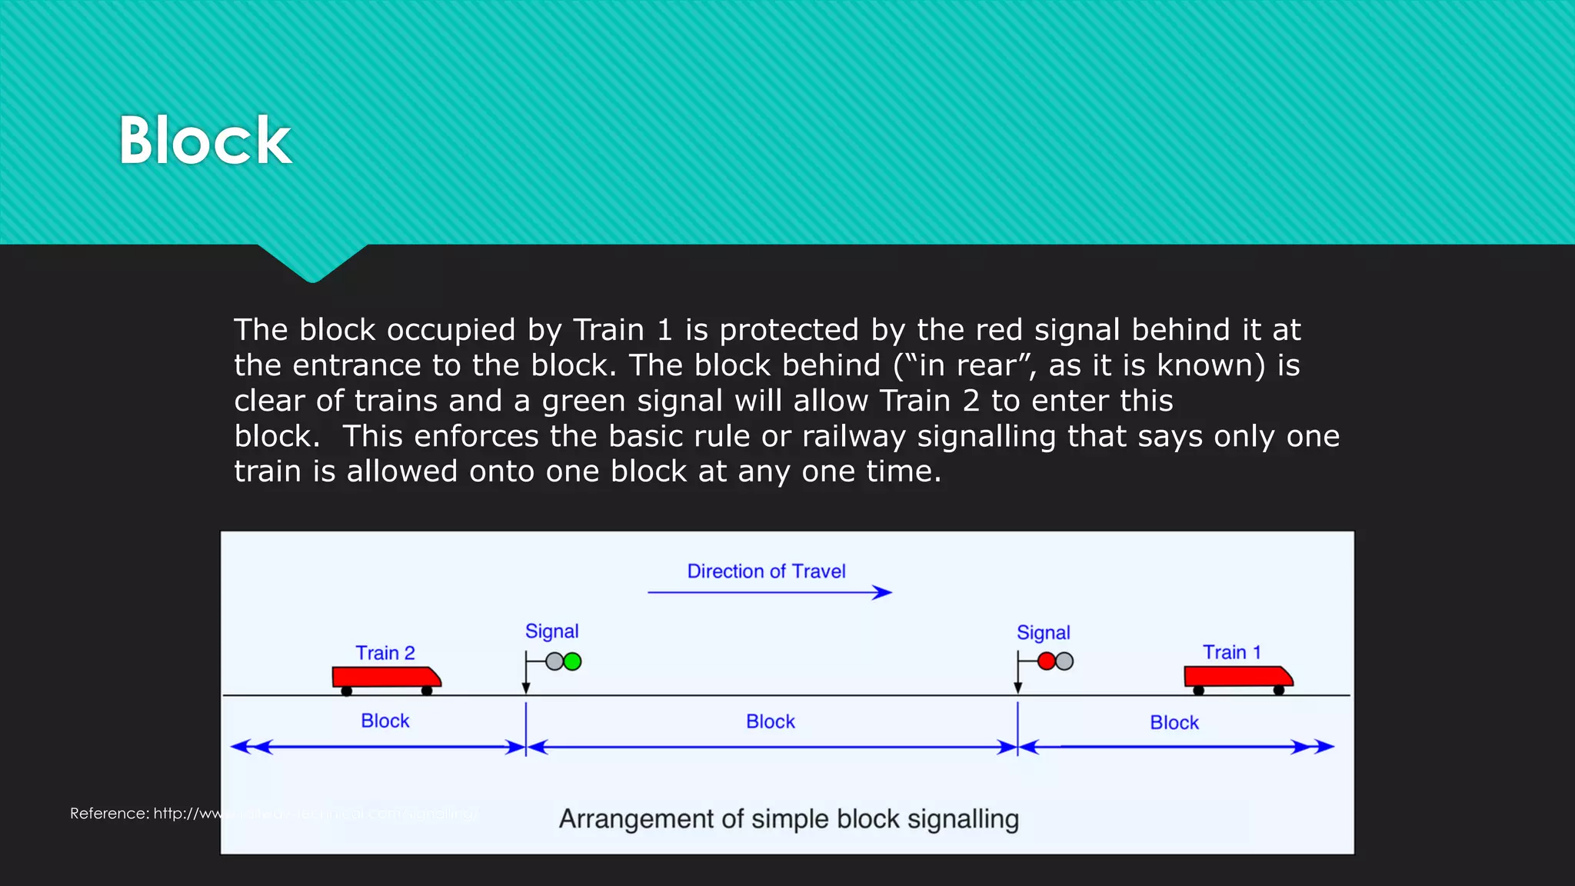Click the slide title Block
click(x=205, y=141)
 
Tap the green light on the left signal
click(x=572, y=661)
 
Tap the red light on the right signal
click(x=1047, y=661)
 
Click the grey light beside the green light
click(x=554, y=661)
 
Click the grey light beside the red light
click(x=1064, y=661)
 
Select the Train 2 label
click(x=385, y=653)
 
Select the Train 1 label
click(x=1231, y=652)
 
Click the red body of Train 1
click(x=1234, y=677)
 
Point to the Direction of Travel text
click(x=766, y=571)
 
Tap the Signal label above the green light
click(x=551, y=631)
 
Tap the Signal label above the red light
click(x=1043, y=633)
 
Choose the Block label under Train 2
click(x=385, y=721)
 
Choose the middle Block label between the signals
click(x=770, y=722)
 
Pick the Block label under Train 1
click(x=1174, y=723)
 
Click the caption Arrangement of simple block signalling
click(x=788, y=819)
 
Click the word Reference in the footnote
click(x=108, y=814)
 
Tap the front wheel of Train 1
click(x=1279, y=691)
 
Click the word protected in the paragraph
click(x=788, y=330)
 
